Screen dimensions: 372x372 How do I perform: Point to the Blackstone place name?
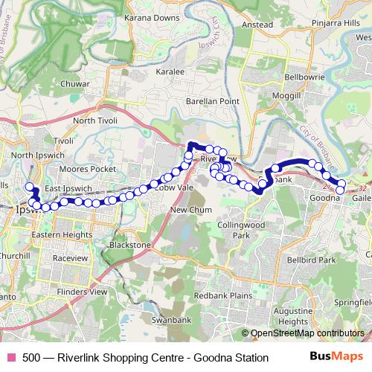[x=130, y=244]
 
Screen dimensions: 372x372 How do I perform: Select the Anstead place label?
[x=257, y=24]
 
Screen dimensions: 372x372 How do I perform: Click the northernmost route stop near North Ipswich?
[x=30, y=187]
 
